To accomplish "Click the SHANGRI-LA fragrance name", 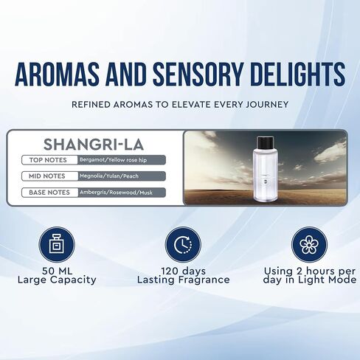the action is (x=94, y=145).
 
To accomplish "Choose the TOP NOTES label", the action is (x=48, y=160).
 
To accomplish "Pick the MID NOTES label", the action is (x=47, y=176).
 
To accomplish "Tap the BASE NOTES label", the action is (x=49, y=193).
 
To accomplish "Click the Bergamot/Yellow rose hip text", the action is (x=113, y=160).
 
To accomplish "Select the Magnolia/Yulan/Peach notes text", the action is (x=109, y=176).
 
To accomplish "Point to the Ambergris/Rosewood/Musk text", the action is (x=116, y=193).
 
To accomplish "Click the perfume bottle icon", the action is (x=57, y=244).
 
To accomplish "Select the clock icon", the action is (x=183, y=245).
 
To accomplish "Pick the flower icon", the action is (x=309, y=245).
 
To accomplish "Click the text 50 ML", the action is (x=57, y=271).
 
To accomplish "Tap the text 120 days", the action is (x=183, y=271).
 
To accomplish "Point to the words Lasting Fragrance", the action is (x=183, y=280).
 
